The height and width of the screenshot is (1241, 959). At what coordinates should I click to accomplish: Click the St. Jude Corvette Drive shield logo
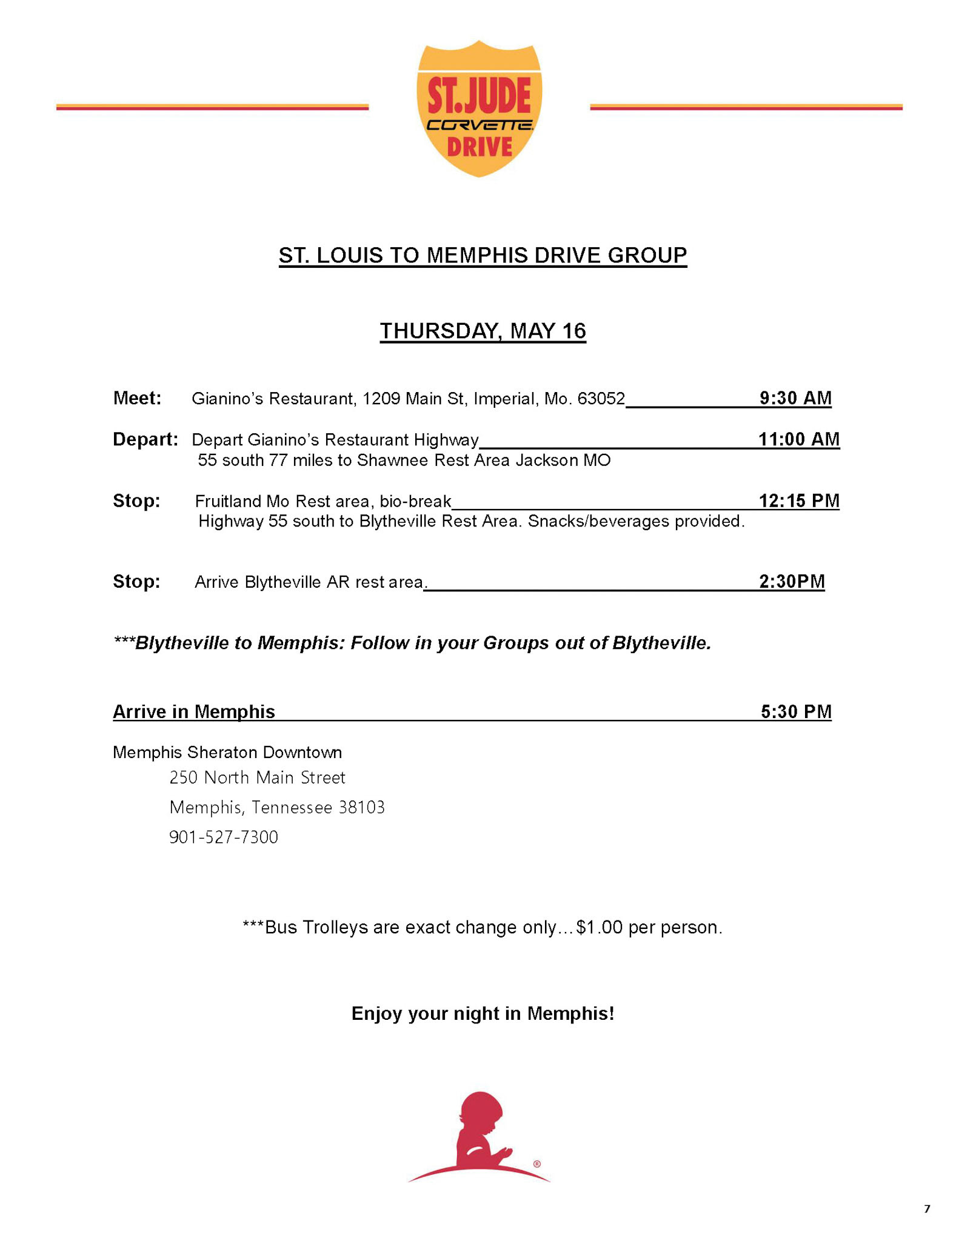pos(479,109)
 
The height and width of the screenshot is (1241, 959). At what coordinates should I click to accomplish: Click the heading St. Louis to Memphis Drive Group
pos(483,255)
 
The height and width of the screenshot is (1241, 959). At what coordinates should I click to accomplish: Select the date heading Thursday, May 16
pos(483,331)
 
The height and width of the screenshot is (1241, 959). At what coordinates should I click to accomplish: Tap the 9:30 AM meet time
pos(795,398)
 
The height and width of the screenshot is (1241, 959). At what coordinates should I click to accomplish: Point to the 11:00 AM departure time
pos(799,439)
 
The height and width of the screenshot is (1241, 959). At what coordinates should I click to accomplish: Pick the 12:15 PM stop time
pos(799,501)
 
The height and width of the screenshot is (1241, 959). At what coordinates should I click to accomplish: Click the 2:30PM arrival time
pos(792,582)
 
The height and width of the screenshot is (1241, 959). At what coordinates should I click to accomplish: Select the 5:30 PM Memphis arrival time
pos(796,711)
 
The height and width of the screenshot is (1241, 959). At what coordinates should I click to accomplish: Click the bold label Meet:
pos(137,398)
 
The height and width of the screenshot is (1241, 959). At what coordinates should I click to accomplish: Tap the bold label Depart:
pos(145,439)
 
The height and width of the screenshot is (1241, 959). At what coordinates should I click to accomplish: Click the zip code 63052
pos(601,399)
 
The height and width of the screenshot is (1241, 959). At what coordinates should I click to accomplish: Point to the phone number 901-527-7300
pos(223,837)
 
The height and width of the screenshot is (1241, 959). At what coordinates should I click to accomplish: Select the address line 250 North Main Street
pos(257,777)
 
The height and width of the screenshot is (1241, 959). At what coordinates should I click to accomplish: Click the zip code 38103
pos(361,807)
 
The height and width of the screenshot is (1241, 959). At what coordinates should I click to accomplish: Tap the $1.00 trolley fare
pos(600,928)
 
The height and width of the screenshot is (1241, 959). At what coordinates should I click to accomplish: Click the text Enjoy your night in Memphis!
pos(483,1013)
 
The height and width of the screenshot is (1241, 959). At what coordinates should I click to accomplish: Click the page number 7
pos(926,1209)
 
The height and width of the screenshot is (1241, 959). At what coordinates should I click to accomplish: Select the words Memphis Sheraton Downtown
pos(227,753)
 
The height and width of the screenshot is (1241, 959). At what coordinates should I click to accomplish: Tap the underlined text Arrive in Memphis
pos(194,711)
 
